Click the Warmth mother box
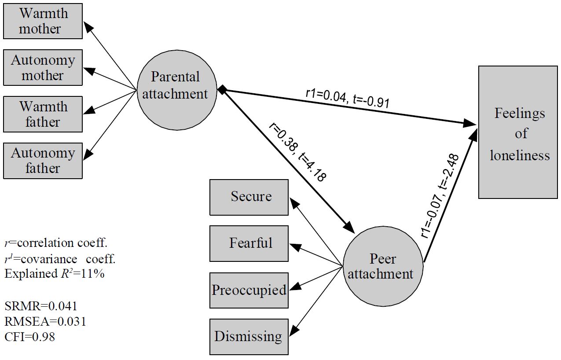click(43, 21)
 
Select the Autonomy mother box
click(43, 67)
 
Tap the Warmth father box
click(43, 114)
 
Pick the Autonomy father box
click(43, 161)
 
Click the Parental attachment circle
click(177, 85)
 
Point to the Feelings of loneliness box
click(518, 132)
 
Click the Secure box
click(249, 197)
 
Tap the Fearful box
click(249, 243)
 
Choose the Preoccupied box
click(249, 290)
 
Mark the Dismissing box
click(249, 337)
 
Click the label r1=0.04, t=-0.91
click(347, 98)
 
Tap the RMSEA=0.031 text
click(45, 322)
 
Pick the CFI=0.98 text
click(30, 338)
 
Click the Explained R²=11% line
click(54, 274)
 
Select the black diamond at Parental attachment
click(223, 90)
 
